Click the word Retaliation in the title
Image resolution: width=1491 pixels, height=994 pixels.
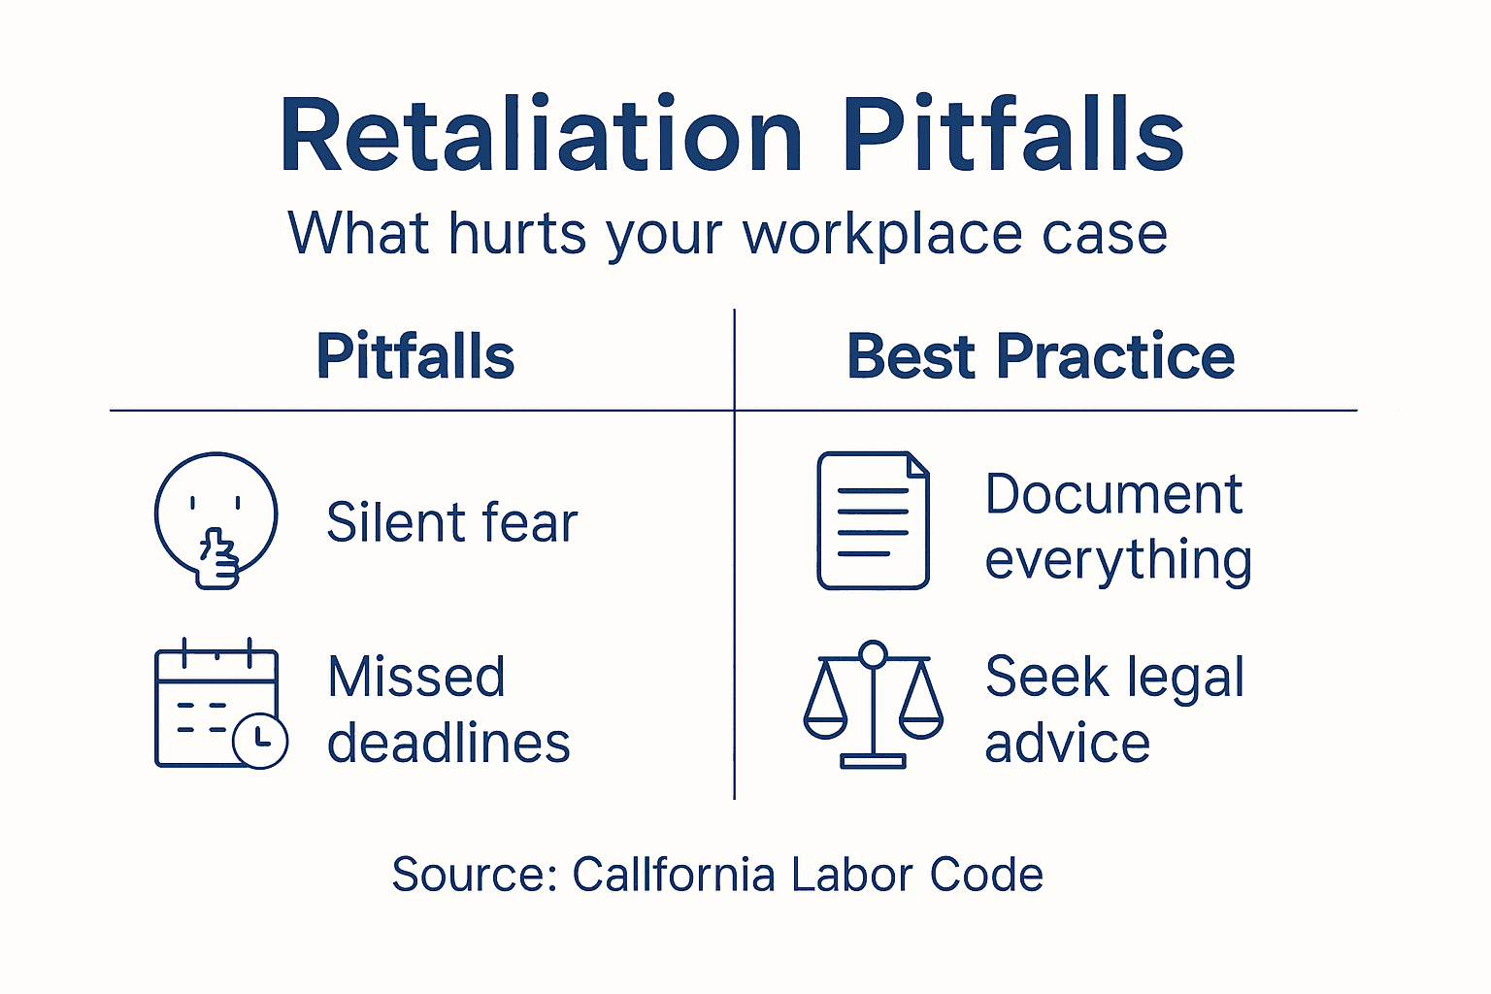click(541, 136)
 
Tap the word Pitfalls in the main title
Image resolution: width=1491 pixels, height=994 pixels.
click(1012, 136)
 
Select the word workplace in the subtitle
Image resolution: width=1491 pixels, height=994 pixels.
click(882, 236)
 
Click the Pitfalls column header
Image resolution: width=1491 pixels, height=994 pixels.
click(415, 356)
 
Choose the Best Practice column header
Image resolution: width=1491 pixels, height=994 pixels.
click(1041, 356)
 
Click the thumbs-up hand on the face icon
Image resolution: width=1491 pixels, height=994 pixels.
click(218, 558)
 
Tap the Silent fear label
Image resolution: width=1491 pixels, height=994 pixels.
click(451, 522)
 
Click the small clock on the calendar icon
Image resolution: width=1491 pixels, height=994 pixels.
click(260, 742)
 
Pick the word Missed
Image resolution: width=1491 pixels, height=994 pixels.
click(416, 677)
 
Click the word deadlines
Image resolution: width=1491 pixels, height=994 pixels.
click(448, 744)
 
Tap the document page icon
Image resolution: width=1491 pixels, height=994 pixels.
click(873, 520)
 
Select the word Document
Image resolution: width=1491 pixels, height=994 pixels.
click(1113, 494)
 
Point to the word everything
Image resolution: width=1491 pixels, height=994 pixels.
click(1118, 561)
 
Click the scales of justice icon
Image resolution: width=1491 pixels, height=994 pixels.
click(873, 704)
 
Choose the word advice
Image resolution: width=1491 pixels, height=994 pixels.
click(1067, 744)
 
